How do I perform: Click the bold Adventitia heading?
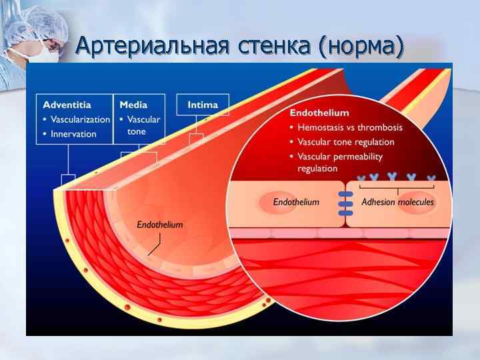tap(67, 105)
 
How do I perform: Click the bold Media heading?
tap(133, 105)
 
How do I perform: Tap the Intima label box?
tap(202, 105)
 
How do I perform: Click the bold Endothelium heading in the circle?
tap(319, 113)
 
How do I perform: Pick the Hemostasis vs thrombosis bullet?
tap(349, 127)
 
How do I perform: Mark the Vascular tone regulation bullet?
tap(345, 142)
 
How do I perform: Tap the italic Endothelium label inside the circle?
tap(296, 201)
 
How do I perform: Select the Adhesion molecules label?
tap(397, 201)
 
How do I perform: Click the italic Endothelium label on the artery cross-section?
tap(160, 225)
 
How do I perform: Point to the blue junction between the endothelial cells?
tap(345, 203)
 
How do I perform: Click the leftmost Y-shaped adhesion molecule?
tap(362, 178)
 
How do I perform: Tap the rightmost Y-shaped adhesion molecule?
tap(431, 178)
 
